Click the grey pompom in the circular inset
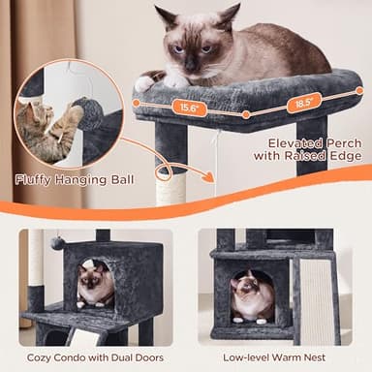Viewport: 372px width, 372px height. click(90, 112)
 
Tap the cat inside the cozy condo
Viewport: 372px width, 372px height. click(95, 285)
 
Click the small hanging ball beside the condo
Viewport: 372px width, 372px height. click(57, 243)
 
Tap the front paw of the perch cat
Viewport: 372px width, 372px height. click(146, 84)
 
